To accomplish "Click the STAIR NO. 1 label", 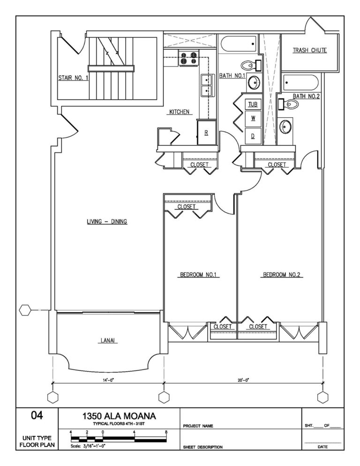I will (73, 78).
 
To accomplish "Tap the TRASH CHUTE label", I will (309, 50).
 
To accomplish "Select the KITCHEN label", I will (179, 112).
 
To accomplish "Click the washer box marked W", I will (253, 119).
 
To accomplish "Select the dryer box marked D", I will (253, 135).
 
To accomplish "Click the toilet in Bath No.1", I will (249, 65).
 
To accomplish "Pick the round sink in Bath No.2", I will (286, 126).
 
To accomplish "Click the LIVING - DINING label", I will (107, 222).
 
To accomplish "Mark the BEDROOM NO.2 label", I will (281, 275).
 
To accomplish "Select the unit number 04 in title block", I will (37, 415).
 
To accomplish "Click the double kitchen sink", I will (206, 85).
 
